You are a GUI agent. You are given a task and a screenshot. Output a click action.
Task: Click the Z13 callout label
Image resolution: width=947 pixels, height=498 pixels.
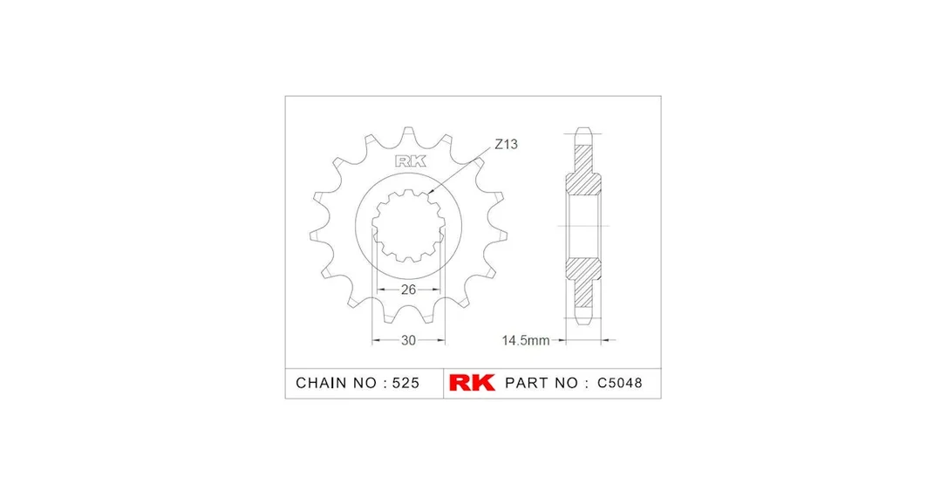(506, 145)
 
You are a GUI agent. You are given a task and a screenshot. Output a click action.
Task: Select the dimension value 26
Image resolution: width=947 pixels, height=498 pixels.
(408, 290)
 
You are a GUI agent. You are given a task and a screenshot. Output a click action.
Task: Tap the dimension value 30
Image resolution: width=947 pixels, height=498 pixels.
(408, 340)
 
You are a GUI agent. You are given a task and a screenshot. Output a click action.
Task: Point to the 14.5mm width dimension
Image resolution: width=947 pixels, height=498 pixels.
(526, 340)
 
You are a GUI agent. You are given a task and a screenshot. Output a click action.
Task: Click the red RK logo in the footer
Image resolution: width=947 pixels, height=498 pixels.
(472, 383)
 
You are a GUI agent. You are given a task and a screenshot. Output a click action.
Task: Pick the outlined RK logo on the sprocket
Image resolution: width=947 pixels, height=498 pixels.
(411, 161)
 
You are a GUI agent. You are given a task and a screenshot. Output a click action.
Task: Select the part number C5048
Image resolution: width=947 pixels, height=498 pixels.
(620, 383)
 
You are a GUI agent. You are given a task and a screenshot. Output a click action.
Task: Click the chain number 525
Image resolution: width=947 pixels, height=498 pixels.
(405, 383)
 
